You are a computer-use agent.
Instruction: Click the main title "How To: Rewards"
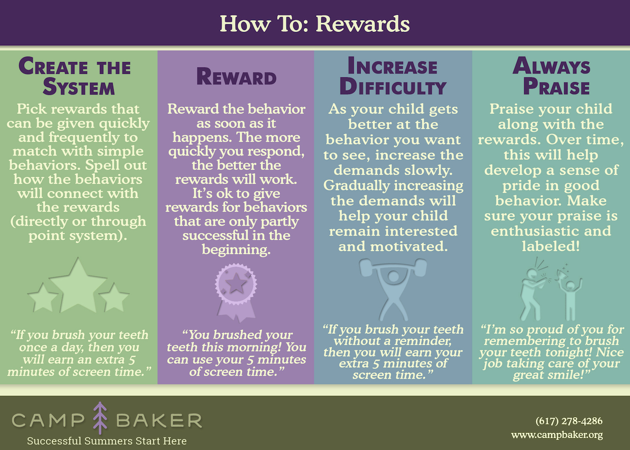(315, 24)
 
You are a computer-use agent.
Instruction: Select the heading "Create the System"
(75, 76)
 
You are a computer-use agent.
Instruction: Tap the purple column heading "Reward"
(236, 76)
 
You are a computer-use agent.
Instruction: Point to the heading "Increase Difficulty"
(393, 76)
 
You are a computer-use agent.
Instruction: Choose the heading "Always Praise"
(551, 76)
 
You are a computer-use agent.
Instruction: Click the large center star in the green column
(78, 286)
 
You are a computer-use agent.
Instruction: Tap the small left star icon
(43, 297)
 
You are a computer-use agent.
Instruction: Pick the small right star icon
(114, 297)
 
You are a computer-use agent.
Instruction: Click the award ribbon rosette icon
(236, 292)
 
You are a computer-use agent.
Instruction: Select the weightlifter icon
(393, 289)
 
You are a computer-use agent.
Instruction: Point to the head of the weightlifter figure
(393, 276)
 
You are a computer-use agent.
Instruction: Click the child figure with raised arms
(570, 298)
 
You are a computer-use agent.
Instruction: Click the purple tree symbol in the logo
(100, 418)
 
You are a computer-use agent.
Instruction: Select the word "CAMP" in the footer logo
(48, 421)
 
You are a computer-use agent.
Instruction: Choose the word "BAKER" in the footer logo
(159, 421)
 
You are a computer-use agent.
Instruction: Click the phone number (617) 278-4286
(569, 421)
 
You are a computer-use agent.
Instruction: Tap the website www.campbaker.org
(557, 435)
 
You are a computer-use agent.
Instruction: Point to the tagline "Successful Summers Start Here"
(107, 441)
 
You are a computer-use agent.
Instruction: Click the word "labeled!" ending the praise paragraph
(551, 246)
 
